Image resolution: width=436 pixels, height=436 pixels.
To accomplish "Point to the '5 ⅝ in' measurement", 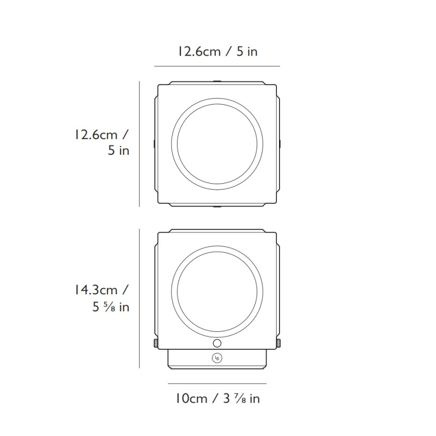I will pyautogui.click(x=111, y=307).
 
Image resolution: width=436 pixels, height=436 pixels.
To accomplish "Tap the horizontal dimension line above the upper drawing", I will pyautogui.click(x=217, y=66).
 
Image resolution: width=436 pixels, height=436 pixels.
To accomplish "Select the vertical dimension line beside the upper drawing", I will pyautogui.click(x=140, y=144).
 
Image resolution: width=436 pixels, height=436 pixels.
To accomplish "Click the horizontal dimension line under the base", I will pyautogui.click(x=217, y=383).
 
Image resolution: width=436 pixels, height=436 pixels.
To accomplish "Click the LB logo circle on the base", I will pyautogui.click(x=217, y=358).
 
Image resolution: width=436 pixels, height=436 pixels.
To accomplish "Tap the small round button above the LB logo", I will pyautogui.click(x=217, y=343).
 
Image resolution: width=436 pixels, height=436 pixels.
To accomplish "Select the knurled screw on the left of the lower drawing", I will pyautogui.click(x=155, y=343).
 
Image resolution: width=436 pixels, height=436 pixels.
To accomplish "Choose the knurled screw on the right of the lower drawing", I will pyautogui.click(x=280, y=343).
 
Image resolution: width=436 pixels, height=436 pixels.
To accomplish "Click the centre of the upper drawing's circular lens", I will pyautogui.click(x=217, y=144).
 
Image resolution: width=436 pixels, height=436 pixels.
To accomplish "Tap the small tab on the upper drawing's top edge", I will pyautogui.click(x=217, y=81).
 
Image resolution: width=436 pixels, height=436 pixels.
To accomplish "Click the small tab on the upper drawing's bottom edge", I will pyautogui.click(x=217, y=207).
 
